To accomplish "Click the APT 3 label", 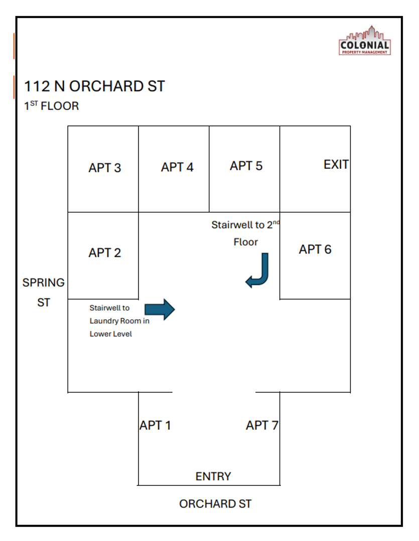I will [104, 168].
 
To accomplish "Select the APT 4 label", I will [177, 167].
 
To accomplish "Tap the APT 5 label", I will [246, 166].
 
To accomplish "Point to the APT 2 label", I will [104, 253].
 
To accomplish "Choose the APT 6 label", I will [315, 249].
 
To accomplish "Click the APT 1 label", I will [155, 425].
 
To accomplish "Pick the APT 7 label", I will [262, 425].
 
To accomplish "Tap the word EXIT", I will [336, 164].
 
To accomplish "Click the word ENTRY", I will [213, 476].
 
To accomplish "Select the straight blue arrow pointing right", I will [160, 309].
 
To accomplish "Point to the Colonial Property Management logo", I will [365, 41].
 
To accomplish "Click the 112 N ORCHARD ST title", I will [94, 86].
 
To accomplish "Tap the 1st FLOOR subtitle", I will [51, 106].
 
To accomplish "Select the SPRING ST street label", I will [44, 293].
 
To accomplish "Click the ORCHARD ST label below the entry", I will [215, 504].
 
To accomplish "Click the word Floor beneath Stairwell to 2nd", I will [245, 242].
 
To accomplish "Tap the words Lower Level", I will [111, 334].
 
